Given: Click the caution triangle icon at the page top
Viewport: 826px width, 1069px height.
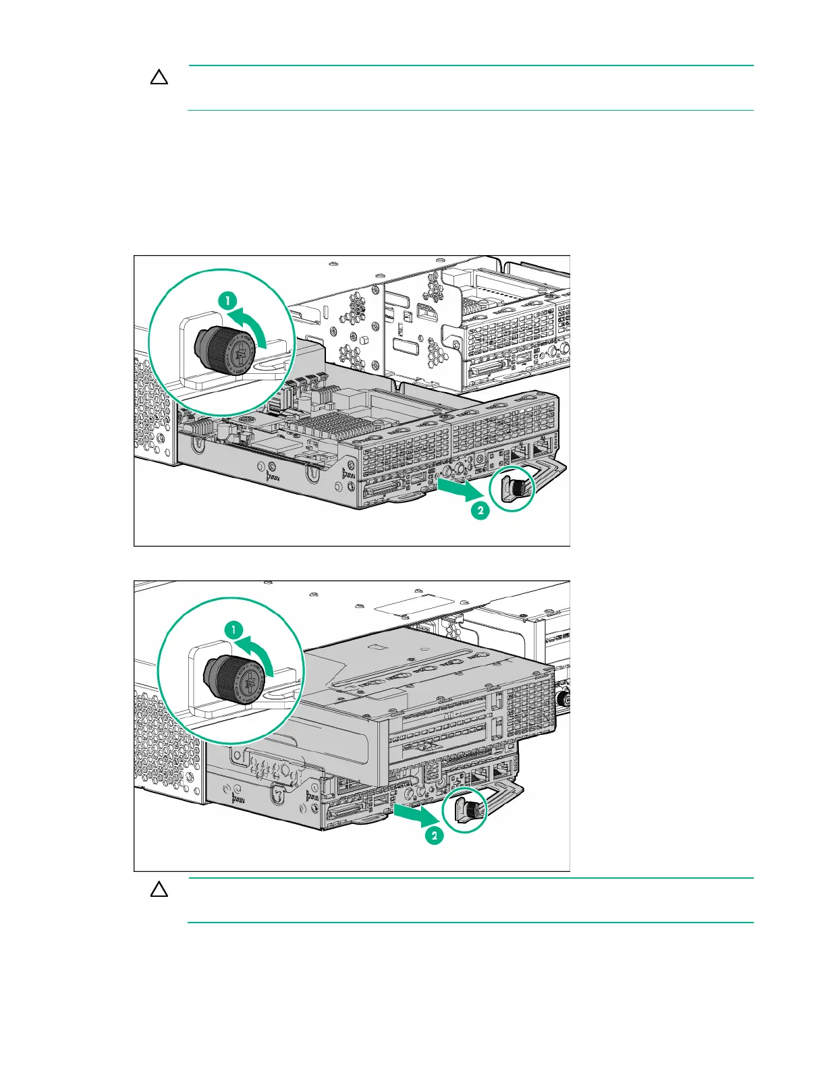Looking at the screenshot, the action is (x=159, y=78).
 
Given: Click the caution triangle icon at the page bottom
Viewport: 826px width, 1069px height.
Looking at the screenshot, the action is (x=159, y=889).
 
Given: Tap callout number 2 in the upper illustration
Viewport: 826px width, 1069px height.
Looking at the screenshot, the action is (x=480, y=511).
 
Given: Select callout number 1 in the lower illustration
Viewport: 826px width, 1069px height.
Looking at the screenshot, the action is (x=233, y=630).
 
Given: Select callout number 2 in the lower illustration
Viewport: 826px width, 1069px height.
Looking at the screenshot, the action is (x=434, y=836).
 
